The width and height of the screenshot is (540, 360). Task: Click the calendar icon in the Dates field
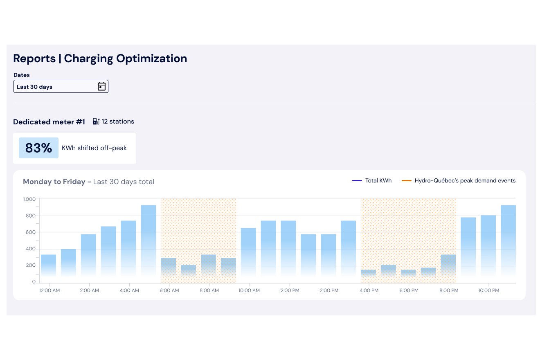(101, 86)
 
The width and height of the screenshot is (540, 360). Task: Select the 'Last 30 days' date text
(35, 87)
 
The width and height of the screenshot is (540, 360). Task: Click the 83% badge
(38, 148)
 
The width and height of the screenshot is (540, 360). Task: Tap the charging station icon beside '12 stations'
(96, 122)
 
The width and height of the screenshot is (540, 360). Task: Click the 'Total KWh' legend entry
(372, 180)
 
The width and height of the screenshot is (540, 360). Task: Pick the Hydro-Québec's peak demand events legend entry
(459, 180)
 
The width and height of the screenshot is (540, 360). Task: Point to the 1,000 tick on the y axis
(29, 199)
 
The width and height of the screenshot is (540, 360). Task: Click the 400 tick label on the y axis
(31, 249)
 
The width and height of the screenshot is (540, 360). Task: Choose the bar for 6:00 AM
(169, 270)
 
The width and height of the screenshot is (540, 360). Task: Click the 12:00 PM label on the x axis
(289, 290)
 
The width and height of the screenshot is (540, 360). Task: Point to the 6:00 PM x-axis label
(409, 290)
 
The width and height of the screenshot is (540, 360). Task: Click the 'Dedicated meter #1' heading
(49, 122)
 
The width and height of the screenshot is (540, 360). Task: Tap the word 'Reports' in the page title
(34, 59)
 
